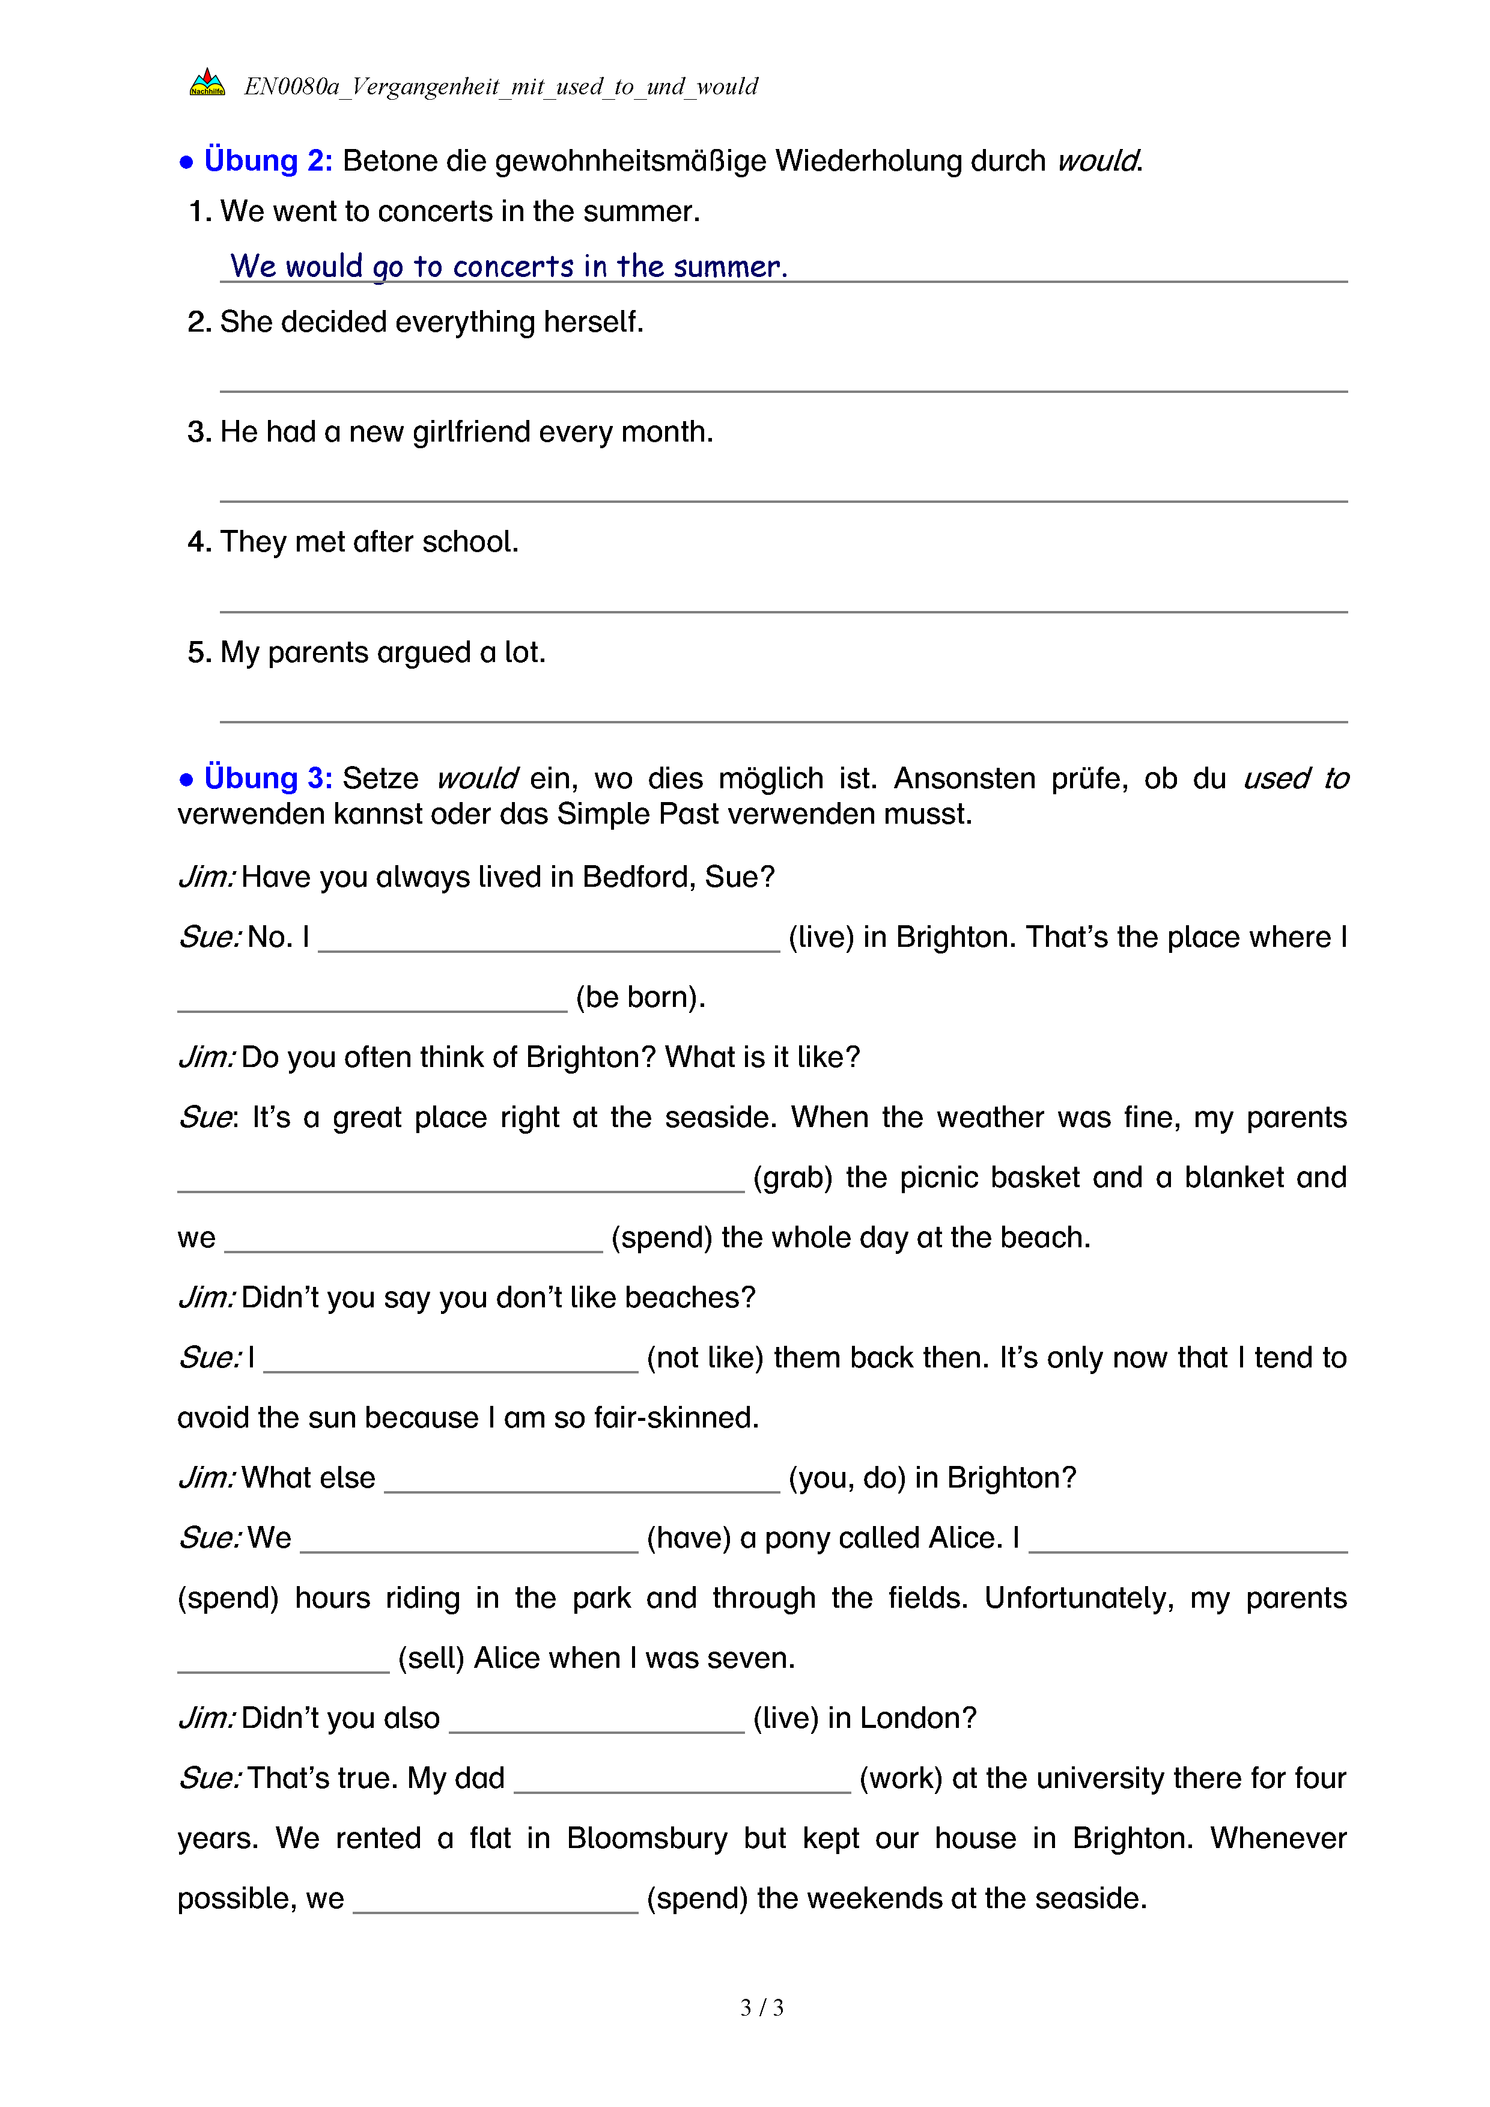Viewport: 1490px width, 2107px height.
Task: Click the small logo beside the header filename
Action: [x=207, y=84]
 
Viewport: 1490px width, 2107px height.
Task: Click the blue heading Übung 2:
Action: [x=267, y=160]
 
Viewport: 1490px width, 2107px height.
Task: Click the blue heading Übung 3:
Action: [x=267, y=778]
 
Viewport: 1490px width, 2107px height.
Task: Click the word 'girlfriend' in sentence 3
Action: [x=466, y=431]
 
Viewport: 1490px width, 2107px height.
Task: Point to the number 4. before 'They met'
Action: [x=198, y=543]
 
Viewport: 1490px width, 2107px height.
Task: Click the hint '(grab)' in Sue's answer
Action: [x=792, y=1178]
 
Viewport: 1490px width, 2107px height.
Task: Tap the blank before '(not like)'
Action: [x=451, y=1361]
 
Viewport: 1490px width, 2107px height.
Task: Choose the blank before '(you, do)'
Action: [x=582, y=1481]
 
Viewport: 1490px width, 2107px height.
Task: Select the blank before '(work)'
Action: [x=682, y=1781]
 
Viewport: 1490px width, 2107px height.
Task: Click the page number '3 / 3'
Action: [x=761, y=2008]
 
